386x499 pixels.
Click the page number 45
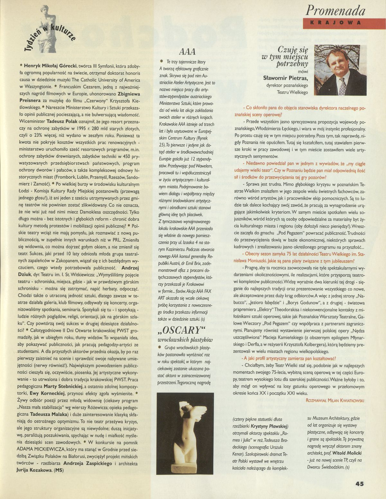click(360, 484)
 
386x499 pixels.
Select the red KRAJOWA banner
click(335, 22)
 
